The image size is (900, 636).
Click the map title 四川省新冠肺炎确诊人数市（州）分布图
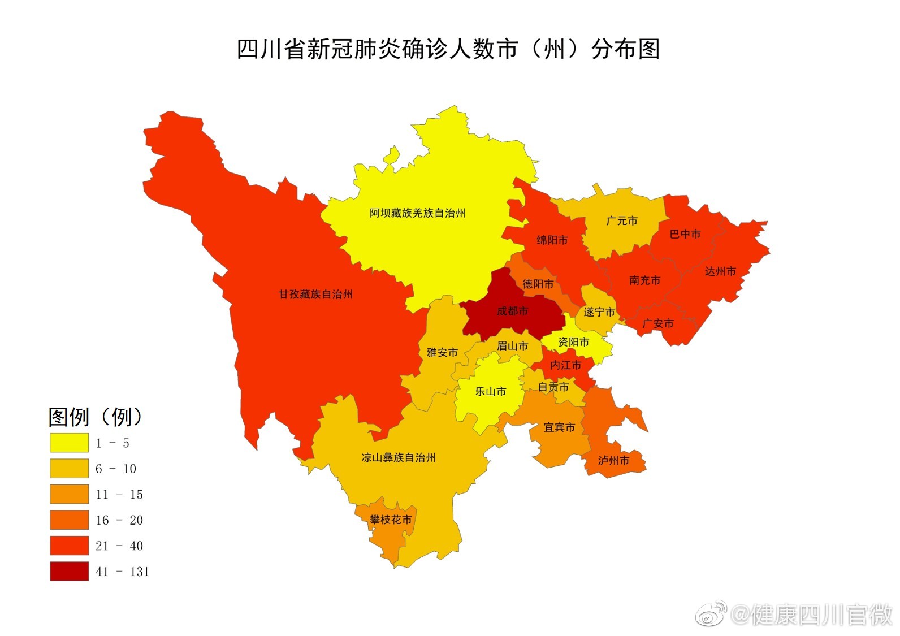point(448,50)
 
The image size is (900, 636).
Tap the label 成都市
point(512,311)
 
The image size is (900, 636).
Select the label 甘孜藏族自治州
point(315,294)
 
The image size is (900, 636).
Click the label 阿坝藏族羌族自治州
point(417,213)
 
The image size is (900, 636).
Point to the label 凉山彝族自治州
point(399,457)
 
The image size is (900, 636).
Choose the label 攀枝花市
point(391,519)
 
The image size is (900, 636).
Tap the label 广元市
point(621,220)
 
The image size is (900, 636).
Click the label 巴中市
point(685,234)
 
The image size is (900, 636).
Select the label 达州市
point(720,271)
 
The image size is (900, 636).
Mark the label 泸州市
point(613,460)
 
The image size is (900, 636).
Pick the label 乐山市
point(490,391)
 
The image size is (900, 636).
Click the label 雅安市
point(442,352)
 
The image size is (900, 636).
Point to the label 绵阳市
point(552,240)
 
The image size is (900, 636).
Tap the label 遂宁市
point(599,312)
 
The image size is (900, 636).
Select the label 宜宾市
point(559,427)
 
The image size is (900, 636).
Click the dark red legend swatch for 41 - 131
point(69,571)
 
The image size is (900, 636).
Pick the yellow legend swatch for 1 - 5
point(69,443)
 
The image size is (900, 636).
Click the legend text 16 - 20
point(119,520)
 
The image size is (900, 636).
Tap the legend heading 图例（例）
point(95,417)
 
